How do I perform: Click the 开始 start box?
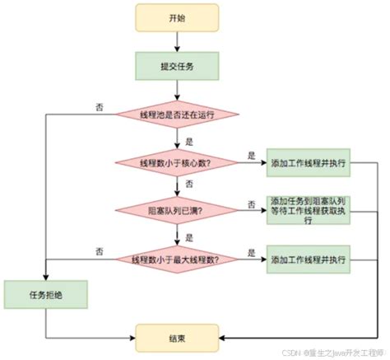178,18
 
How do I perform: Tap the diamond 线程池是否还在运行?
178,114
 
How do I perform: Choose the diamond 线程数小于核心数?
178,162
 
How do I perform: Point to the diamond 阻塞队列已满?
178,211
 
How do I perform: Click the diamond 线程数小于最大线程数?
178,259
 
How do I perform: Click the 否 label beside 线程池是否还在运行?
100,106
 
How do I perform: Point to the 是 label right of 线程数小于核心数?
250,155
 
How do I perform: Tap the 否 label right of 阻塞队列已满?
250,203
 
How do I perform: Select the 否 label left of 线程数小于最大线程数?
100,251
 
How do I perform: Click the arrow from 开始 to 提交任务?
178,42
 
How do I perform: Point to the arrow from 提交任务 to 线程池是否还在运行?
178,90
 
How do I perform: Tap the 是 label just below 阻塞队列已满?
189,236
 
